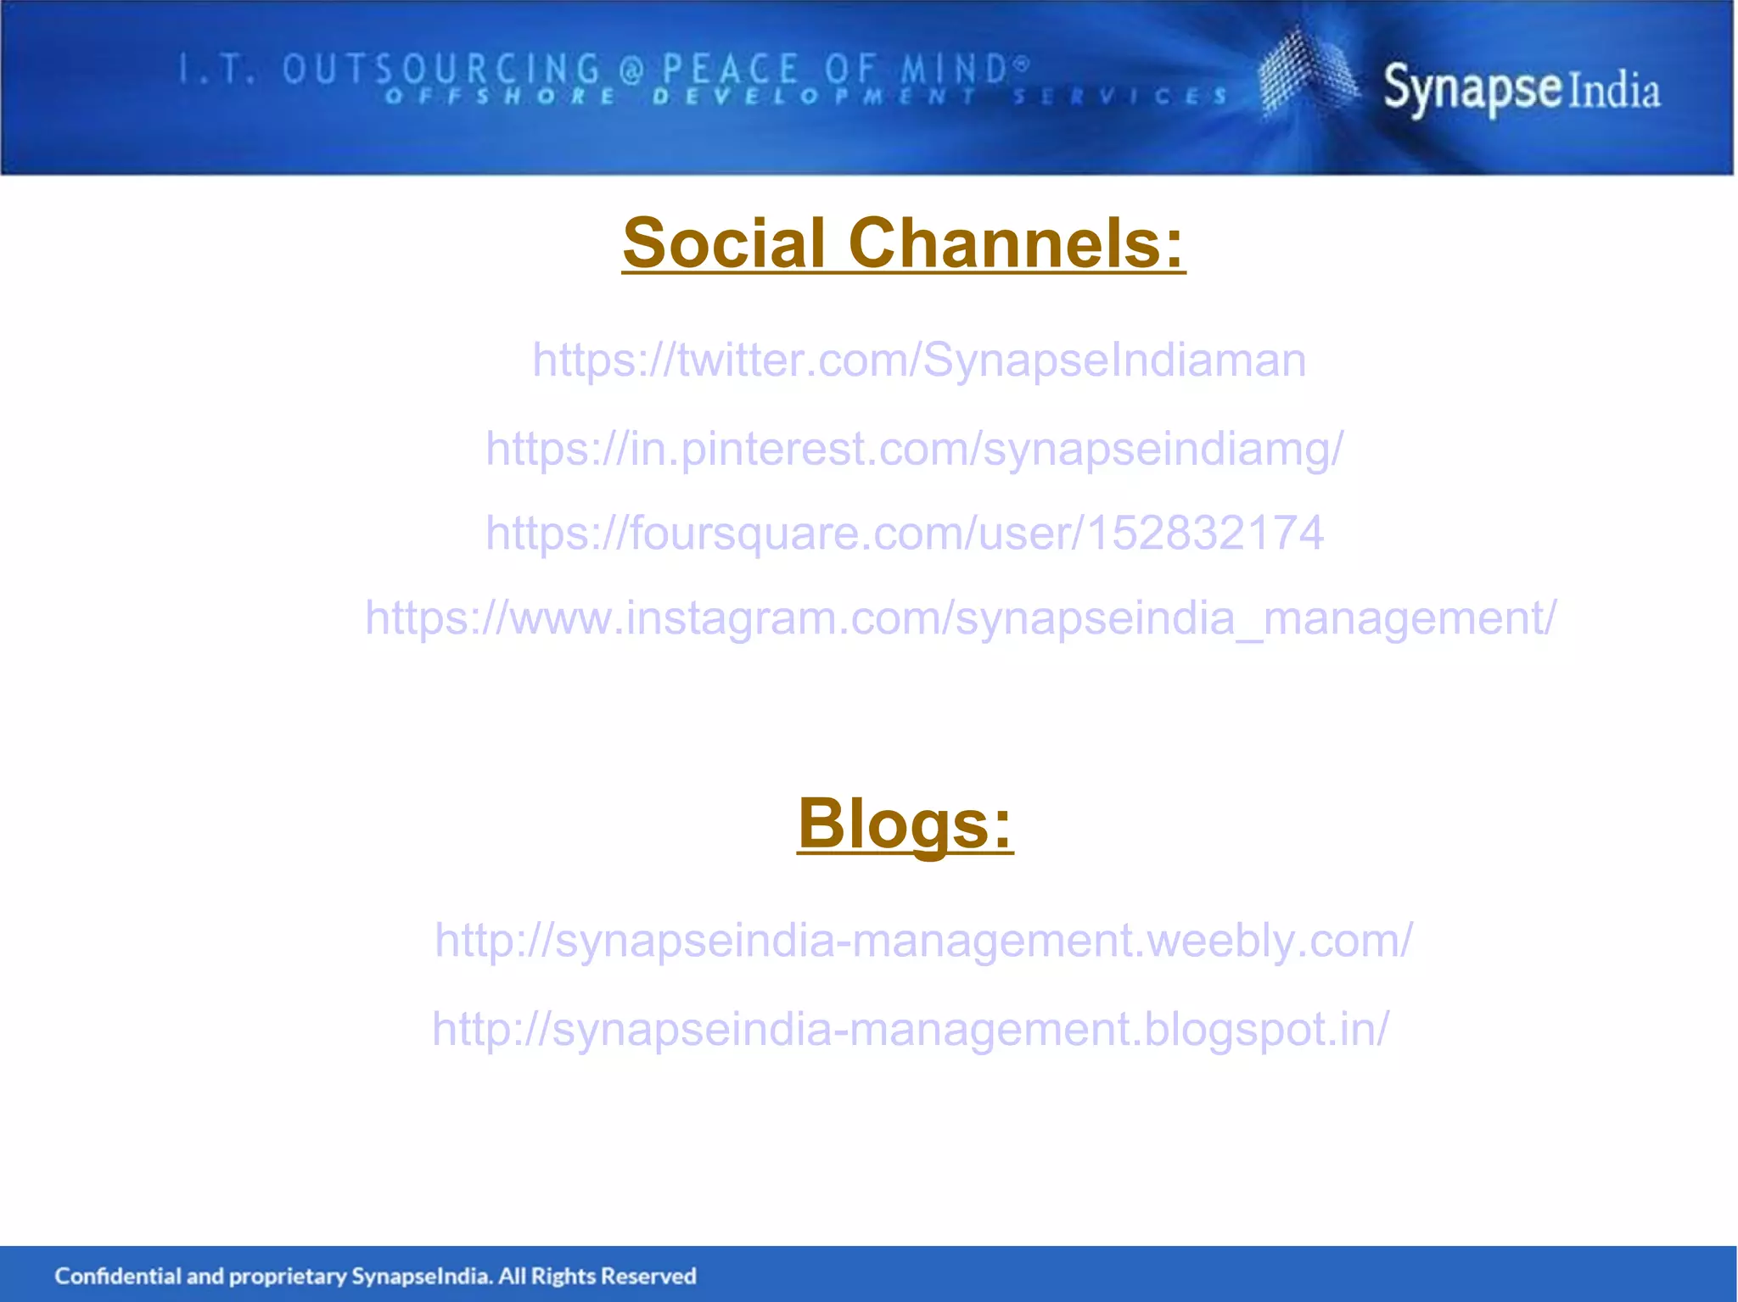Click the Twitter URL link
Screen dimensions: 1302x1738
[918, 360]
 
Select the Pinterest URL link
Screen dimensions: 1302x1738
[914, 448]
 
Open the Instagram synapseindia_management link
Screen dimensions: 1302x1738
[960, 617]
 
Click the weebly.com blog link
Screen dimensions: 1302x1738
[923, 940]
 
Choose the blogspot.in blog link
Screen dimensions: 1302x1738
[910, 1028]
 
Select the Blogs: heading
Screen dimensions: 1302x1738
[905, 823]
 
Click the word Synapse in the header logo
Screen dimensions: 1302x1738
[1472, 88]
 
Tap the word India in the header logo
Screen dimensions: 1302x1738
[1613, 92]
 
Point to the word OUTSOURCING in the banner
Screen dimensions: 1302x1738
[441, 69]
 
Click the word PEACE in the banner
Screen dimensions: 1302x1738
[730, 69]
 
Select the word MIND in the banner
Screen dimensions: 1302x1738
[955, 69]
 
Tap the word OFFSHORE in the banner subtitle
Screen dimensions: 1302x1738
[501, 96]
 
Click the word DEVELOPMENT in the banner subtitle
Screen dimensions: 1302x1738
[815, 96]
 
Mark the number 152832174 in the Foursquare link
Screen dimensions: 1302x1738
[1205, 533]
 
